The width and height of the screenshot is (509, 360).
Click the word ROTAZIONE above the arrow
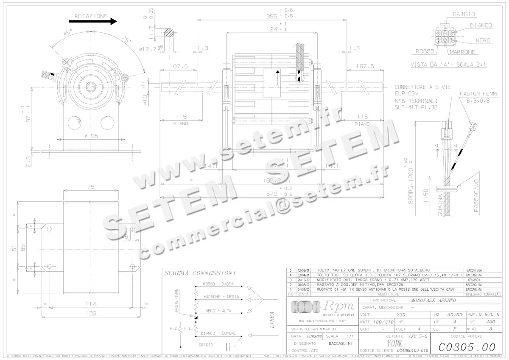click(x=91, y=16)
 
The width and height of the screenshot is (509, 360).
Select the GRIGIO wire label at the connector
click(x=464, y=14)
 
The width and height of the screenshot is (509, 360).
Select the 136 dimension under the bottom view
click(x=90, y=313)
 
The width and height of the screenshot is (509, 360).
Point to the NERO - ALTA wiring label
click(x=218, y=311)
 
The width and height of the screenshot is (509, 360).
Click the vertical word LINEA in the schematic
click(x=272, y=320)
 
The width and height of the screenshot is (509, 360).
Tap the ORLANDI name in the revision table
click(x=473, y=280)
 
